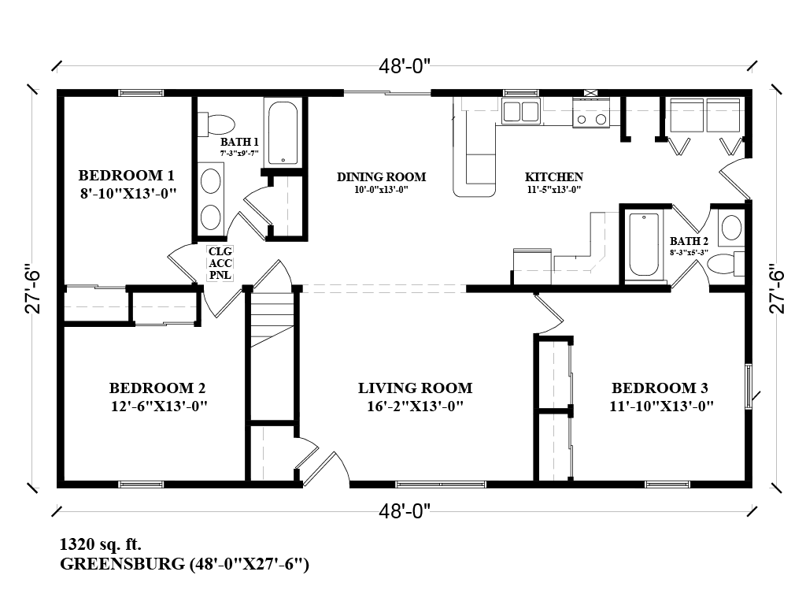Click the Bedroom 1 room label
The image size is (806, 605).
(x=126, y=175)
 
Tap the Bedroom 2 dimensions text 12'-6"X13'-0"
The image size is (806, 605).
(x=157, y=406)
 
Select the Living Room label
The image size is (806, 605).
(x=415, y=388)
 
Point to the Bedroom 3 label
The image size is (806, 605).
(x=660, y=388)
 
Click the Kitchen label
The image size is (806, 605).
(x=554, y=177)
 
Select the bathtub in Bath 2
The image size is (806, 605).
(x=644, y=244)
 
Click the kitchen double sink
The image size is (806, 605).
(x=520, y=112)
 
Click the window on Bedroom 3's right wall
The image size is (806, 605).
(x=749, y=384)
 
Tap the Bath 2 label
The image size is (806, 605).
(x=689, y=241)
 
